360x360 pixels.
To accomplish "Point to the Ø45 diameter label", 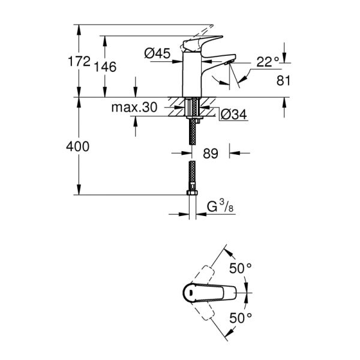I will click(157, 53).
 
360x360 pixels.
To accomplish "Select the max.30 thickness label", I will click(134, 108).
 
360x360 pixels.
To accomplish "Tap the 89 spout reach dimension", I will click(211, 154).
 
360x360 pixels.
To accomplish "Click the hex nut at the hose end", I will click(191, 194).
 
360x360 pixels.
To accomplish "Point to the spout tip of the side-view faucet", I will click(231, 60).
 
